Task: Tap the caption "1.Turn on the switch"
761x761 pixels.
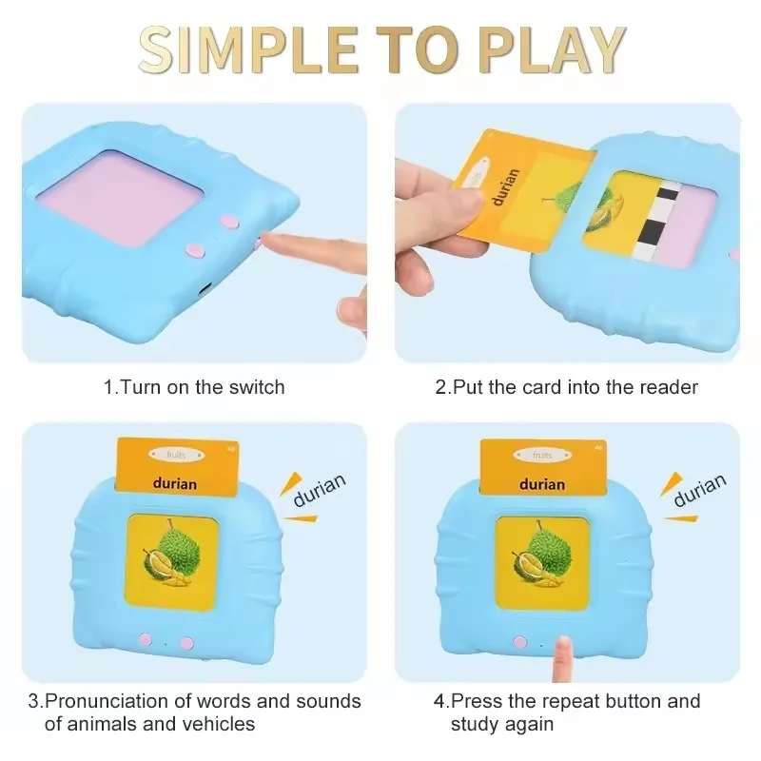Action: (194, 387)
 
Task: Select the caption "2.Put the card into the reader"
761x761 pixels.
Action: (567, 387)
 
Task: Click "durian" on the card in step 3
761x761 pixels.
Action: (174, 483)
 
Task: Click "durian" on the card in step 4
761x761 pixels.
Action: (543, 483)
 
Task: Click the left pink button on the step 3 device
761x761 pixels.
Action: (146, 642)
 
